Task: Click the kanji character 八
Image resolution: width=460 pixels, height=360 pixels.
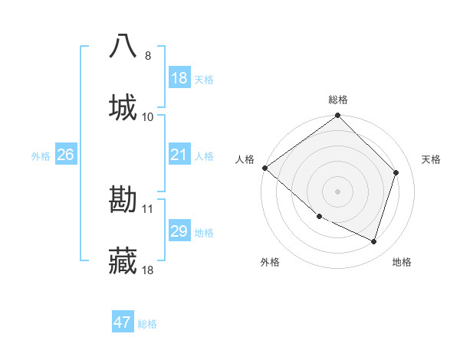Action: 123,46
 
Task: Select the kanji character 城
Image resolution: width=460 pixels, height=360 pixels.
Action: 123,107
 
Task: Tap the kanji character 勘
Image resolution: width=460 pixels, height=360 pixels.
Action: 123,200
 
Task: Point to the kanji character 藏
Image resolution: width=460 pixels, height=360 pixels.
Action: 123,261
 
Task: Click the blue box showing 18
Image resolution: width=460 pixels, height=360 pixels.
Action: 179,78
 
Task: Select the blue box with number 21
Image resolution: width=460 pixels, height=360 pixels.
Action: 179,155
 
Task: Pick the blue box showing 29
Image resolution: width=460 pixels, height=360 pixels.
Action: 179,231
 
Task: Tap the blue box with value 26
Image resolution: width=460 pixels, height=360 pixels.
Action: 66,155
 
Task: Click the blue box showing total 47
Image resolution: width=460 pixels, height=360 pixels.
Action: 123,322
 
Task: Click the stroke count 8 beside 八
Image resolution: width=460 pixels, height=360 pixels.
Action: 148,56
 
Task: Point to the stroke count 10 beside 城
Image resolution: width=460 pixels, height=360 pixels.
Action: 148,117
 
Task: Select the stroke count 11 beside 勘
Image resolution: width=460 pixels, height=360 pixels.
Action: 148,209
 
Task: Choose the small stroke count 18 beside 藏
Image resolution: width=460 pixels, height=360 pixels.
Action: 148,270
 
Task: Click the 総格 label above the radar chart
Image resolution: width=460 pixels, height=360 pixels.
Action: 338,100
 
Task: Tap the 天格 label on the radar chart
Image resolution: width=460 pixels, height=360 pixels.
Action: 431,159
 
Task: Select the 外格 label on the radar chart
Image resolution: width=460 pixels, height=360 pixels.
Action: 270,262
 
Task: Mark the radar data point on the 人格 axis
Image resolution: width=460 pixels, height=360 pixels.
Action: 264,168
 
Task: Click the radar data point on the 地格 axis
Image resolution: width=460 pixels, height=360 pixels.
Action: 374,241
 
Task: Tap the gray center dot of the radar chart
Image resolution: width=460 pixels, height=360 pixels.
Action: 337,191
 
